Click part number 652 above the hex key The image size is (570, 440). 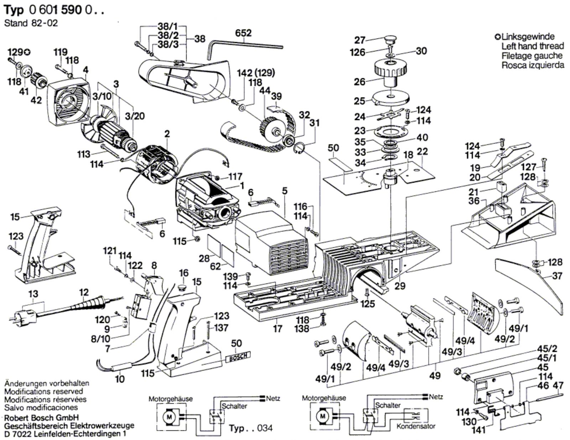point(243,33)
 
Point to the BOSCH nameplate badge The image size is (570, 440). point(238,356)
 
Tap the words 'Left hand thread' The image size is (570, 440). point(533,46)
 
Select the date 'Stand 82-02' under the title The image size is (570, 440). point(31,23)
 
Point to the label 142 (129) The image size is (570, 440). point(256,73)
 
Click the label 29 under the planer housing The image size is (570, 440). point(402,286)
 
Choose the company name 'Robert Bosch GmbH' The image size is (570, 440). point(42,417)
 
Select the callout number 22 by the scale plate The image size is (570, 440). point(422,151)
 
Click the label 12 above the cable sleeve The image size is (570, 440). point(84,293)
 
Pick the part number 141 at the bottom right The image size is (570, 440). point(478,430)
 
